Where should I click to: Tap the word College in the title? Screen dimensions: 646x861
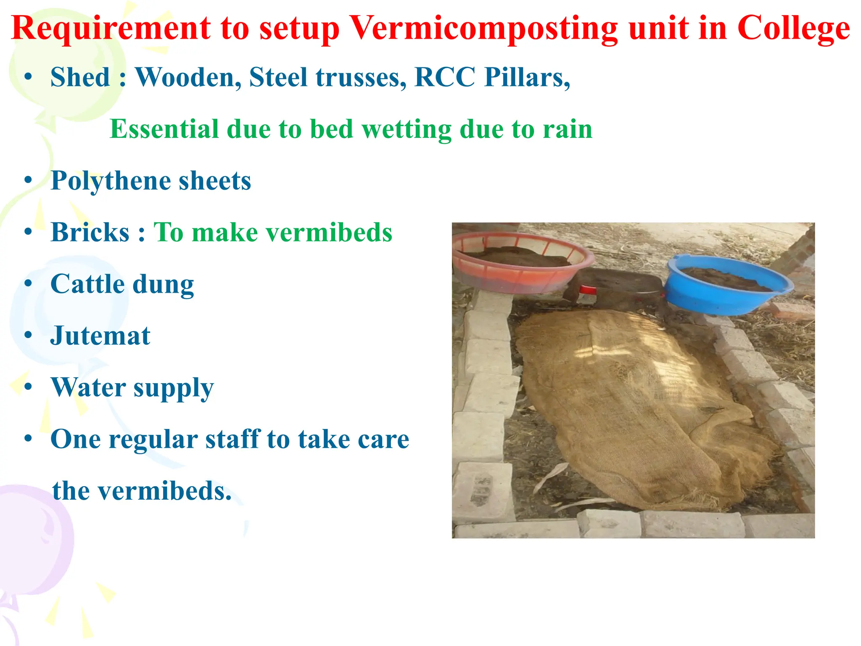click(x=794, y=29)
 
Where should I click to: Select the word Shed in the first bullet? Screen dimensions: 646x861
click(x=80, y=77)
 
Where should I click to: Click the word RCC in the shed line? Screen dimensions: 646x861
click(x=444, y=77)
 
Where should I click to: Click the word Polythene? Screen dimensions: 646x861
click(x=110, y=181)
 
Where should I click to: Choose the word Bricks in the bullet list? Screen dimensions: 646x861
click(x=90, y=233)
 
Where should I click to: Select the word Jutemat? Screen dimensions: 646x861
click(x=100, y=336)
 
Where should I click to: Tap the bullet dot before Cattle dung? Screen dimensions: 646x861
click(x=28, y=284)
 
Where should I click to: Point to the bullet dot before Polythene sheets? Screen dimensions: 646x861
click(x=28, y=180)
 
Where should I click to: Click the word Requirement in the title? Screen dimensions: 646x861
click(x=111, y=29)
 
